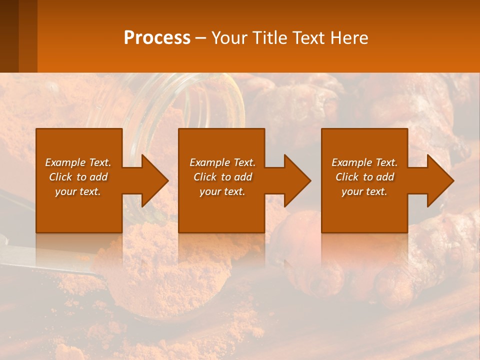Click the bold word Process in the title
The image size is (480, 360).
(157, 38)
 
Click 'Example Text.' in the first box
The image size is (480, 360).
(78, 162)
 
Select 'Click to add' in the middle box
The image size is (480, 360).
(222, 177)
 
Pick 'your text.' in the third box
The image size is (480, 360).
(364, 191)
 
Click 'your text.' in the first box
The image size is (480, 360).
(78, 191)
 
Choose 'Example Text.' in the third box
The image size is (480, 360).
(364, 162)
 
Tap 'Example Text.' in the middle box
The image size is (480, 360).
(222, 162)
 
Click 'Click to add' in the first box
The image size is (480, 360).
(78, 177)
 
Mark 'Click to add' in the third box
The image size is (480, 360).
(364, 177)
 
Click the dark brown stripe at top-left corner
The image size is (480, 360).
(9, 35)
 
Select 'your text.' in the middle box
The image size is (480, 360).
(222, 191)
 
